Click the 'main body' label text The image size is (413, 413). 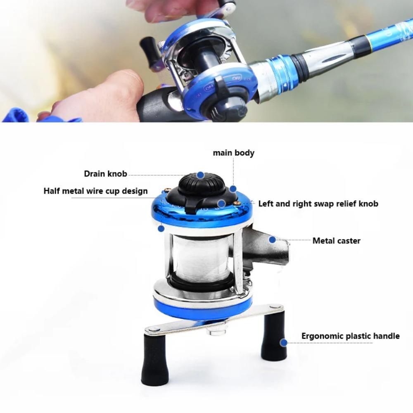233,153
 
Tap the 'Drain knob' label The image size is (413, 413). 105,173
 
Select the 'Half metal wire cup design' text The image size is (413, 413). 95,191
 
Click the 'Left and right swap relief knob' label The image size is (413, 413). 318,203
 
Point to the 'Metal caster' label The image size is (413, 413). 336,240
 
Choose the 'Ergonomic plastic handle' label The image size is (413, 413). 350,336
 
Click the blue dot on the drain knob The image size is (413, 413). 200,175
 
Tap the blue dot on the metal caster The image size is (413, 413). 272,239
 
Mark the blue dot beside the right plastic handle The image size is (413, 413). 283,342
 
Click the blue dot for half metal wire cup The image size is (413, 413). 161,228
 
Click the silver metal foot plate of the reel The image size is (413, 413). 266,248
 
